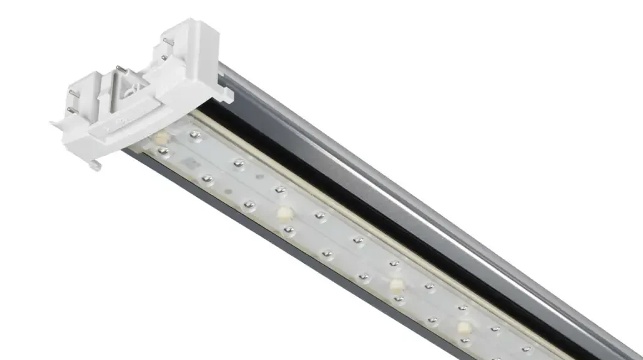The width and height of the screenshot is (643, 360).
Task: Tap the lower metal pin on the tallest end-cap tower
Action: (x=164, y=58)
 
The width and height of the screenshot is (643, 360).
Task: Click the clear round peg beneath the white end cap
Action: (x=95, y=165)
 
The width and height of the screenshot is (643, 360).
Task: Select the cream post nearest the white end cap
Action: (x=161, y=137)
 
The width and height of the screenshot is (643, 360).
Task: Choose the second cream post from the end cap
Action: (x=284, y=213)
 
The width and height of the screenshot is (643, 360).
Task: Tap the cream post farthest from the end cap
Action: (x=463, y=327)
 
